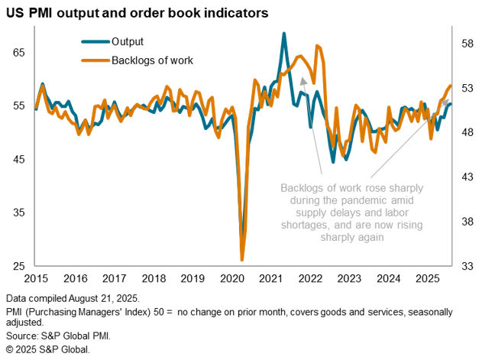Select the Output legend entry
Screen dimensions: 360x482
pos(128,41)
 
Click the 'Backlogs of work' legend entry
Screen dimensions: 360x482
pos(152,60)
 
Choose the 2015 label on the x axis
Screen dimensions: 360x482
pos(36,279)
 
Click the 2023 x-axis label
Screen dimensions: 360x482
pos(350,279)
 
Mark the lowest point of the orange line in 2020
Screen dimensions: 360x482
pos(242,260)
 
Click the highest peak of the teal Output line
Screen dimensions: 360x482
pos(284,34)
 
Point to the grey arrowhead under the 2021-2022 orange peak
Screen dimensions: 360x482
pos(302,80)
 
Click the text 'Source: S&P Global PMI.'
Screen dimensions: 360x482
pos(57,336)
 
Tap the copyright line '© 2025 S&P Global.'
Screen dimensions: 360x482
pos(47,349)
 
